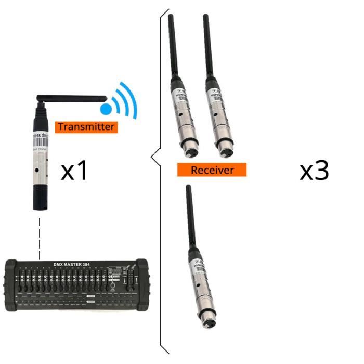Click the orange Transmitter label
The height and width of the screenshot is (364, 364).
85,126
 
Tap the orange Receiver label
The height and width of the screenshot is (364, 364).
212,170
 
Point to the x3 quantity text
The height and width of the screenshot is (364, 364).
314,171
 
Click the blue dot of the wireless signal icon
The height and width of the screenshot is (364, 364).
106,109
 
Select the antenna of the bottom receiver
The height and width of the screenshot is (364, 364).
190,218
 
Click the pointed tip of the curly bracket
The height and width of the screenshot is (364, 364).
152,155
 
